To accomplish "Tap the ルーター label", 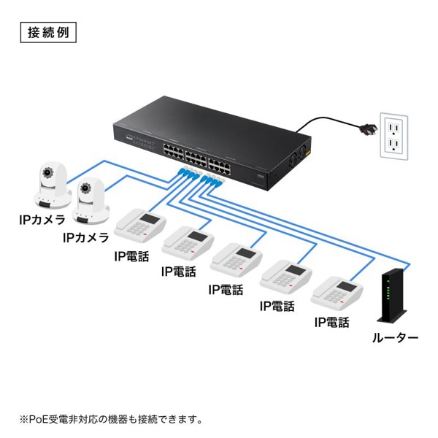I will (x=395, y=337).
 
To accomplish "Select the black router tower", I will (x=391, y=296).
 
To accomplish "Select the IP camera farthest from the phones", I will (x=49, y=187).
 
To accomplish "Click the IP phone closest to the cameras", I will (x=140, y=228).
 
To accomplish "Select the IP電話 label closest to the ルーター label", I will (x=331, y=322).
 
